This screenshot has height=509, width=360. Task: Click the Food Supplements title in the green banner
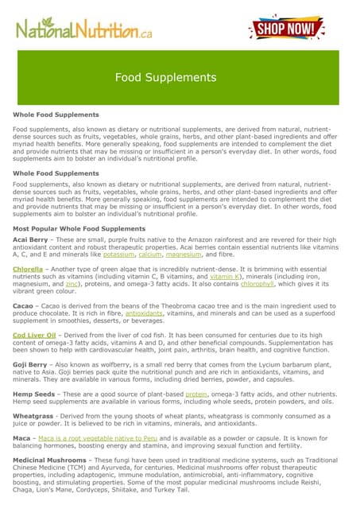165,77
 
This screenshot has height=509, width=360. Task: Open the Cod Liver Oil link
34,336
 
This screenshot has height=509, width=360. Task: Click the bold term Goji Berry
30,366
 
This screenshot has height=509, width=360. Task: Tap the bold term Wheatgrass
31,416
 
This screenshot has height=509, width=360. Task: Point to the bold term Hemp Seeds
33,394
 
